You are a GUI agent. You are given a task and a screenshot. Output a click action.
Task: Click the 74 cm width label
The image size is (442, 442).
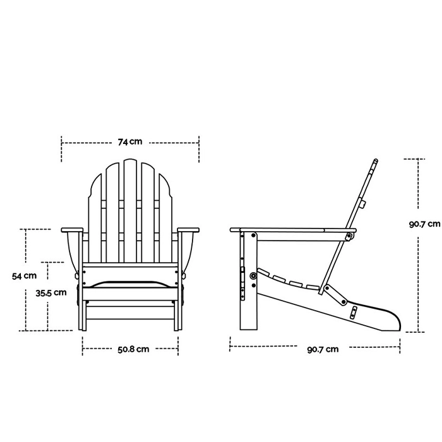point(130,143)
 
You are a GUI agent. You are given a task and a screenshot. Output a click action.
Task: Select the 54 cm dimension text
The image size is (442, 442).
point(25,275)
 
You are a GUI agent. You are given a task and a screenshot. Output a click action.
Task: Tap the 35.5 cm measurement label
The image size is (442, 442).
point(51,292)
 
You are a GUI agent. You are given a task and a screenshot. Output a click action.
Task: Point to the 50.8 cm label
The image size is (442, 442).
point(133,349)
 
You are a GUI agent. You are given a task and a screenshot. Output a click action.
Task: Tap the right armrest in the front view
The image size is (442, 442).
point(189,229)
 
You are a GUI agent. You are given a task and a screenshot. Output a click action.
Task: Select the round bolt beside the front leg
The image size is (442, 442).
point(253,275)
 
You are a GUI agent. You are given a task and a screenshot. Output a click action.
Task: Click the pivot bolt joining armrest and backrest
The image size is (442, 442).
point(348,236)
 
